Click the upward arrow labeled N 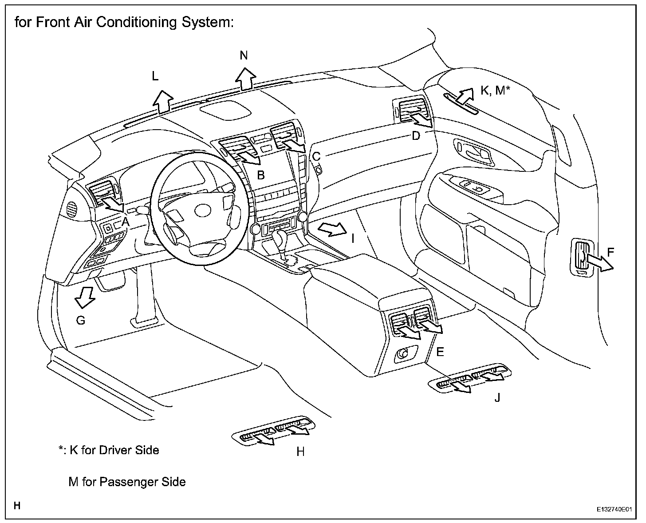click(245, 79)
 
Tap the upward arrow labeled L click(163, 102)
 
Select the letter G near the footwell click(81, 320)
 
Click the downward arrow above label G click(85, 297)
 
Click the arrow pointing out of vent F click(599, 263)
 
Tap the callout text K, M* click(495, 90)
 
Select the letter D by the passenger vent click(416, 136)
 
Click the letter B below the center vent click(260, 175)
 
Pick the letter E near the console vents click(440, 352)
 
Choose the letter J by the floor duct click(497, 397)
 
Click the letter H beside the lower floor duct click(300, 452)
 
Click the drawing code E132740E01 click(614, 509)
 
